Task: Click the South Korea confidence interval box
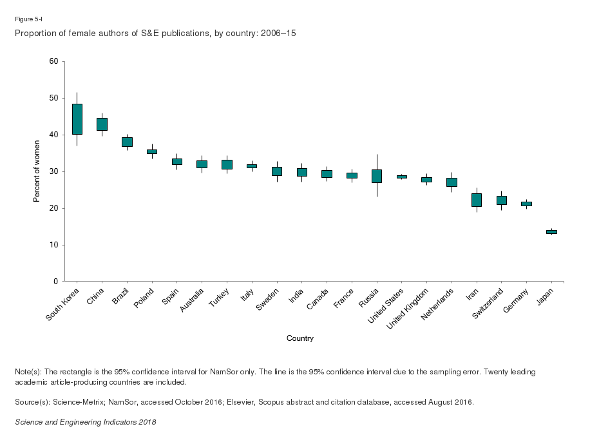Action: pos(77,119)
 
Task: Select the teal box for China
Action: pos(102,124)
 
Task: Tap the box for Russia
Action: pos(377,176)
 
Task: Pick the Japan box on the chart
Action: pos(551,231)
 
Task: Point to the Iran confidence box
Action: pos(477,200)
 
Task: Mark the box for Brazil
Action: pos(127,142)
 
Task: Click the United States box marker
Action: pos(402,177)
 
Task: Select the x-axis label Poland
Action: pos(144,299)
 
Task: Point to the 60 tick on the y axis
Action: pos(53,61)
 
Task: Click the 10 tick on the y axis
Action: pos(53,245)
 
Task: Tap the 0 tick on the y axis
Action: pos(55,282)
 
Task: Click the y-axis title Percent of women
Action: pos(37,171)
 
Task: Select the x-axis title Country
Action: pos(300,338)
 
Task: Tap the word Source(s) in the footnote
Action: pos(30,402)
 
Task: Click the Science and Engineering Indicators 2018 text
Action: pos(85,422)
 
